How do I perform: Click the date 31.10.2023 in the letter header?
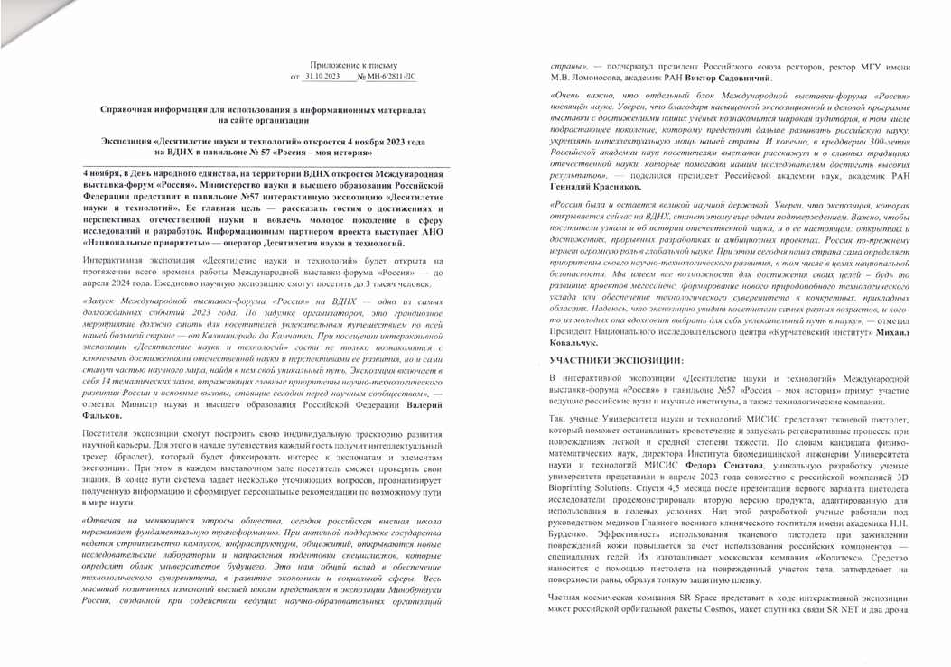coord(322,78)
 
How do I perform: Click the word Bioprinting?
coord(573,489)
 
